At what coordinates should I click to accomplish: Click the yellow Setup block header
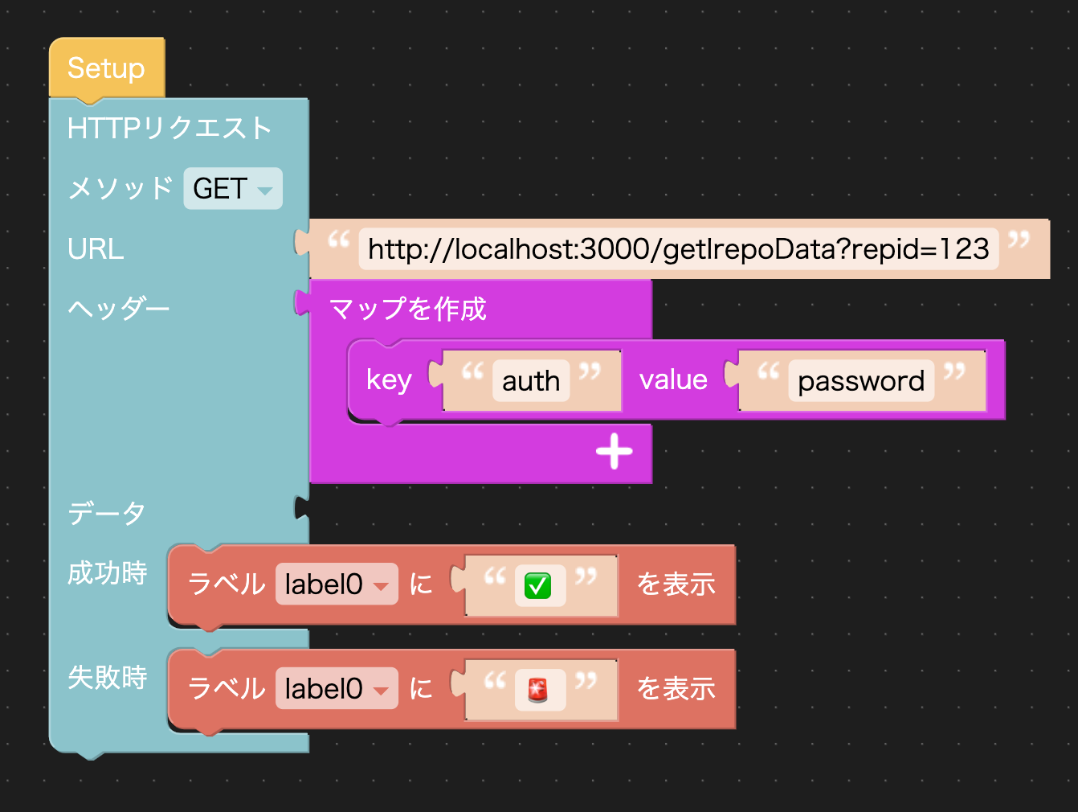pos(106,68)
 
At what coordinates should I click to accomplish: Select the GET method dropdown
pos(232,189)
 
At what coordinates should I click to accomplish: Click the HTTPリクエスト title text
pos(169,129)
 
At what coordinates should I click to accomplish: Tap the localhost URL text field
pos(678,249)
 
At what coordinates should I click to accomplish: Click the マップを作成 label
pos(408,309)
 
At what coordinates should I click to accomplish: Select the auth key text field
pos(531,380)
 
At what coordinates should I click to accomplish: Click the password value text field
pos(861,380)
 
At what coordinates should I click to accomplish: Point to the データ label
pos(107,512)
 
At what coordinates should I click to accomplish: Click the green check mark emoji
pos(537,585)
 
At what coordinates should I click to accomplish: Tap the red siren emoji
pos(537,690)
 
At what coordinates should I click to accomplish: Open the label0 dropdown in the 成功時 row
pos(336,584)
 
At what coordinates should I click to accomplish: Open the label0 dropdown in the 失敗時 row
pos(336,689)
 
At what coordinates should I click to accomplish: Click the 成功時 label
pos(108,573)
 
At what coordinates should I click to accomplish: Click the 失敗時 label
pos(108,678)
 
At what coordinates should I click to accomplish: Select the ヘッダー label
pos(119,309)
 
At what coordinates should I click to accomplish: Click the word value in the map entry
pos(673,379)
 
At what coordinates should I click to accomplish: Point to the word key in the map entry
pos(389,379)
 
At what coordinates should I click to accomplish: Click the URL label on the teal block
pos(96,249)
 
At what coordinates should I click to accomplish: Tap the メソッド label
pos(120,189)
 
